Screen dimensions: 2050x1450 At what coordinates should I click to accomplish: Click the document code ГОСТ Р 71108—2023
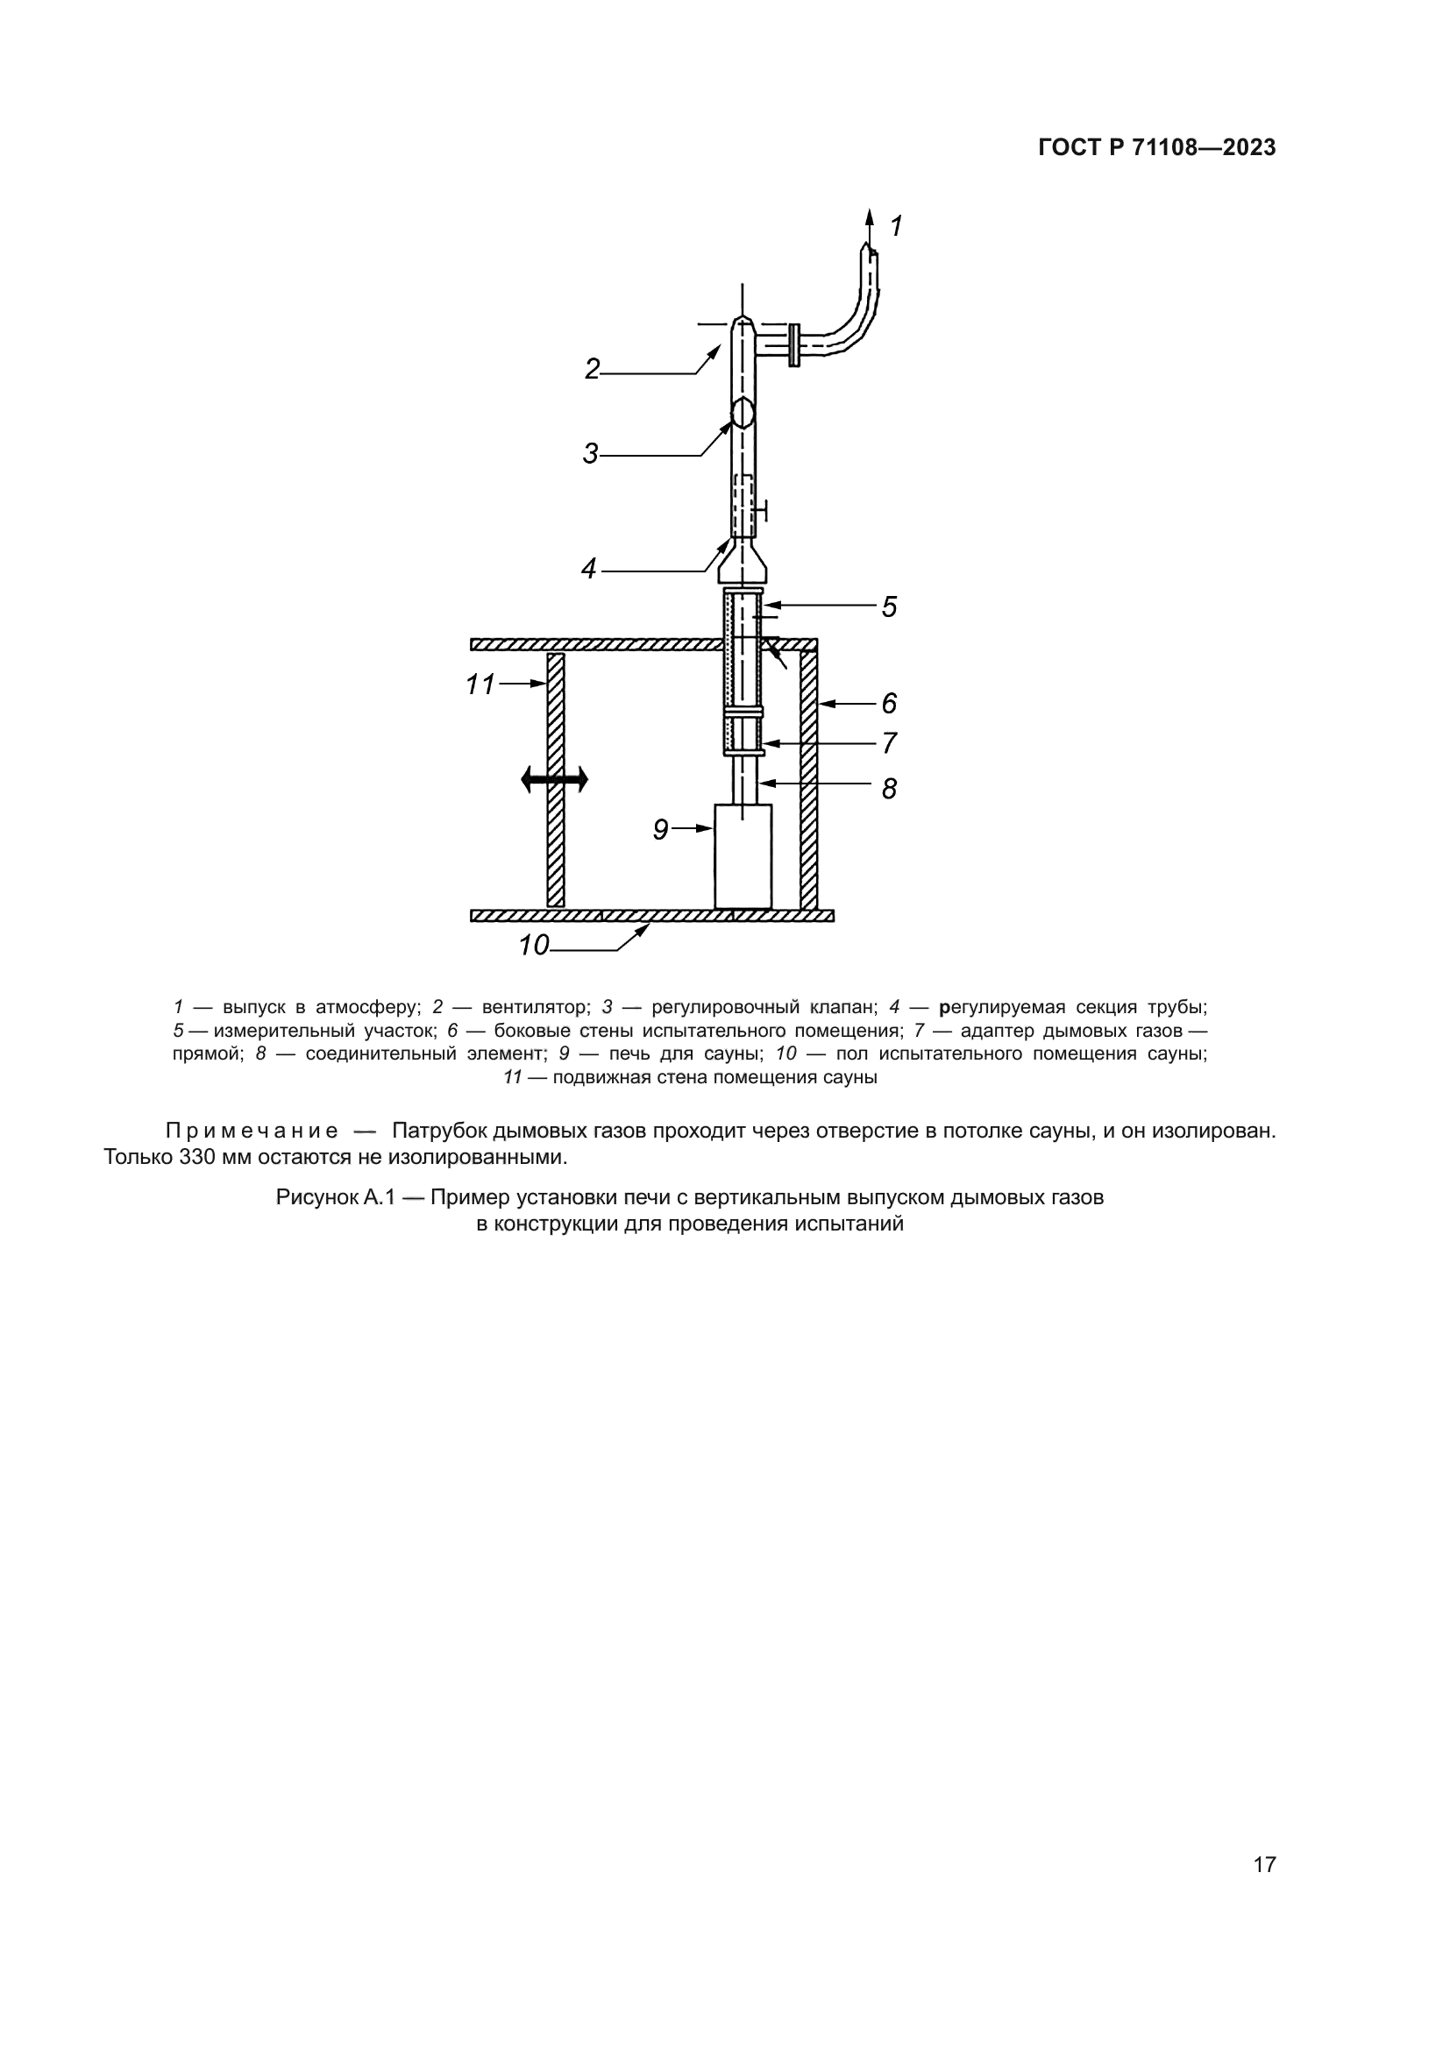coord(1157,148)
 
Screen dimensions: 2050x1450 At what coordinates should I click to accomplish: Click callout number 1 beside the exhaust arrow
coord(897,226)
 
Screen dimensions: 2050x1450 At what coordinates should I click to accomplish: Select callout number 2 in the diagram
coord(592,369)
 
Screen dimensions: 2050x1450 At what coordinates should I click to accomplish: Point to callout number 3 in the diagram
coord(590,454)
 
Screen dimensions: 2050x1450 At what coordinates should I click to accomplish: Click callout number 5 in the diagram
coord(889,607)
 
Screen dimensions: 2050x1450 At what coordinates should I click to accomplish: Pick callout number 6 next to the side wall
coord(889,704)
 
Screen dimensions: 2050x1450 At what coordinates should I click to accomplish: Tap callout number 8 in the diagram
coord(889,789)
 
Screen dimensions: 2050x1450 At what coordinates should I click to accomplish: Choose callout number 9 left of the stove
coord(661,830)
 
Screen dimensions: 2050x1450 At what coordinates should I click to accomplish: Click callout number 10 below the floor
coord(534,945)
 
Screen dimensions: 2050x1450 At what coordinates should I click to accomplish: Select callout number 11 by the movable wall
coord(480,685)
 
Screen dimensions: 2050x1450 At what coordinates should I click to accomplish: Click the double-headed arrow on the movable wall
coord(554,779)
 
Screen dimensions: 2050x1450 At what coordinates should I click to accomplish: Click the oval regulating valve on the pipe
coord(743,413)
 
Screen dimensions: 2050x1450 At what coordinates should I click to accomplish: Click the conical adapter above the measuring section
coord(743,561)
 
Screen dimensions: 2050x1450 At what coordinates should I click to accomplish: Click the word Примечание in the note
coord(252,1131)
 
